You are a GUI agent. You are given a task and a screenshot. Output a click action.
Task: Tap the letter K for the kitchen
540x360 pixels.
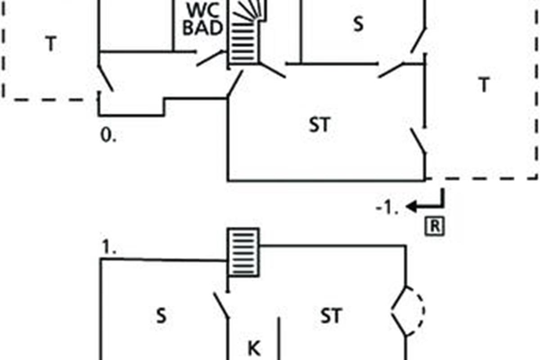click(254, 348)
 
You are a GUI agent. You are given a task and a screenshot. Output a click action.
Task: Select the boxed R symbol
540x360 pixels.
click(435, 226)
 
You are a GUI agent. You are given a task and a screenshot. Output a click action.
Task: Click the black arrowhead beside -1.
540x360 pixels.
click(411, 207)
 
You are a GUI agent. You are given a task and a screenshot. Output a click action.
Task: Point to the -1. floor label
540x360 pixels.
click(387, 207)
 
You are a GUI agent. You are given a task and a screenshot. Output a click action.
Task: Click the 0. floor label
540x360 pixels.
click(108, 135)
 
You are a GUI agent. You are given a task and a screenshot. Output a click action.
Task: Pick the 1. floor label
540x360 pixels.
click(109, 247)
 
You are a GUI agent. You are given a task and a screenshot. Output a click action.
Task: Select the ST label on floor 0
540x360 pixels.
click(319, 125)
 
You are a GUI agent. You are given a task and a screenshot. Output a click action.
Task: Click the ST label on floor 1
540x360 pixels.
click(331, 315)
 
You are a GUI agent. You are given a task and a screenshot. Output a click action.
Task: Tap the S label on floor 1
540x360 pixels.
click(161, 316)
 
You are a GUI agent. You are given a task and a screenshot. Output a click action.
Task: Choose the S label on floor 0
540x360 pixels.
click(358, 24)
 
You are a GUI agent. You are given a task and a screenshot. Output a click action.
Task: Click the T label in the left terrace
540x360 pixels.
click(51, 43)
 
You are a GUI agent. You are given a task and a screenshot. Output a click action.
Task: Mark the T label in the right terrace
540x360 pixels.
click(484, 85)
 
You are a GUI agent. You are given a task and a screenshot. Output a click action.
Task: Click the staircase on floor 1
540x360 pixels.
click(243, 252)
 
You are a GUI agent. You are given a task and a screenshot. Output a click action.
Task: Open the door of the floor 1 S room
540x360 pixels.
click(221, 306)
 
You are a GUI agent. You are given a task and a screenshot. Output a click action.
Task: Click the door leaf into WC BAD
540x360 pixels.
click(210, 58)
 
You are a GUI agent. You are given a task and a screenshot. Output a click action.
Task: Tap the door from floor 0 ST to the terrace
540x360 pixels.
click(418, 141)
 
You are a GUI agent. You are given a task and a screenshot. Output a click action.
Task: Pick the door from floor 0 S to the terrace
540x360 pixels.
click(418, 40)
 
